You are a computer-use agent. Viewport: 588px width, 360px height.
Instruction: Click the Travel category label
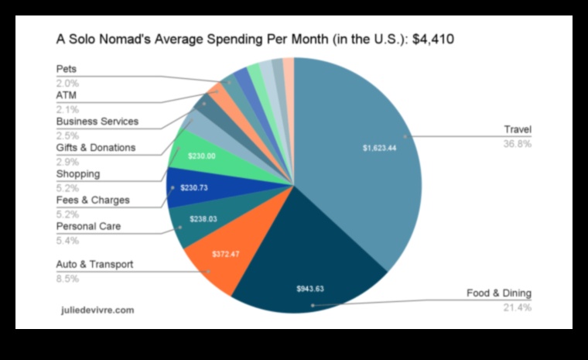tap(518, 129)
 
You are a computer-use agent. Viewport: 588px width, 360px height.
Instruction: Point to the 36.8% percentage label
tap(518, 143)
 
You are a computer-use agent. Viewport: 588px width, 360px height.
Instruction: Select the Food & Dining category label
tap(498, 293)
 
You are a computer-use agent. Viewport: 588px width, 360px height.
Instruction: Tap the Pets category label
tap(67, 69)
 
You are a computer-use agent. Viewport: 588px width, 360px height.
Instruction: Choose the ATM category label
tap(67, 94)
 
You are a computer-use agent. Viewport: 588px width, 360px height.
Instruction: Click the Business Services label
tap(97, 121)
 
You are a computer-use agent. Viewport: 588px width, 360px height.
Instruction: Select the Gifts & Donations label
tap(95, 147)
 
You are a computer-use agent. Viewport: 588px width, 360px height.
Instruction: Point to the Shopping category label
tap(77, 173)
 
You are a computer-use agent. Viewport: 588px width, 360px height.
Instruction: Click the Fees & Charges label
tap(92, 200)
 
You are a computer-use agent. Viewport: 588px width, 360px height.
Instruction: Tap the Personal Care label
tap(89, 226)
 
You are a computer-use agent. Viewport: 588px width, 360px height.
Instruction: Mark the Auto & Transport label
tap(94, 264)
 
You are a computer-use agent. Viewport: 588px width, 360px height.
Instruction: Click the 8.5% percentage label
tap(67, 278)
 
